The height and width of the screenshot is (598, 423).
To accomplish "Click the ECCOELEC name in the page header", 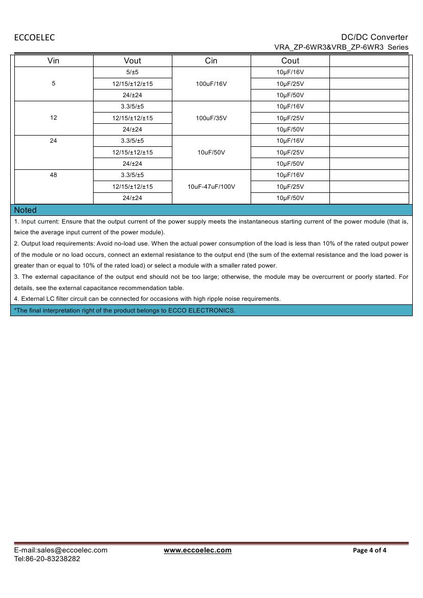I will tap(34, 37).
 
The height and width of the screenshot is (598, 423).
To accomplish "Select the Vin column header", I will tap(53, 60).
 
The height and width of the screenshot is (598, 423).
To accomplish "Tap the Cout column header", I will tap(290, 60).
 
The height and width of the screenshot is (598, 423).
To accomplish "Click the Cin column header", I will tap(211, 60).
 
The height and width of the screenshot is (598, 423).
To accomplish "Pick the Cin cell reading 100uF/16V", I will tap(211, 84).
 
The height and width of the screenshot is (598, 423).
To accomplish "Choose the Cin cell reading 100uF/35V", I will tap(211, 118).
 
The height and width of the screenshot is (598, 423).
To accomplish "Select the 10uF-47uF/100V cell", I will tap(211, 187).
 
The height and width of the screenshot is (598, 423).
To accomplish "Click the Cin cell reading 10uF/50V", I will tap(211, 152).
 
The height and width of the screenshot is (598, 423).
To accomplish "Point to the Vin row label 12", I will tap(54, 118).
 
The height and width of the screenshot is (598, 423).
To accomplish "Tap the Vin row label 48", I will tap(54, 175).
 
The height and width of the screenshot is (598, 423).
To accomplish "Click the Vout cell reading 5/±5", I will tap(132, 72).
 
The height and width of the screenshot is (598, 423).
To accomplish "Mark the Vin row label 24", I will tap(54, 141).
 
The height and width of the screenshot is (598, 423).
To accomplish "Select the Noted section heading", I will tap(26, 210).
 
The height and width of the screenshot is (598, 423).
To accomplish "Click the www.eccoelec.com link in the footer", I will tap(197, 550).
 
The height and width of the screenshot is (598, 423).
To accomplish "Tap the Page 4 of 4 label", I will tap(370, 550).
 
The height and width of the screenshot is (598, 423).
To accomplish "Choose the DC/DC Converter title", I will tap(374, 37).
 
